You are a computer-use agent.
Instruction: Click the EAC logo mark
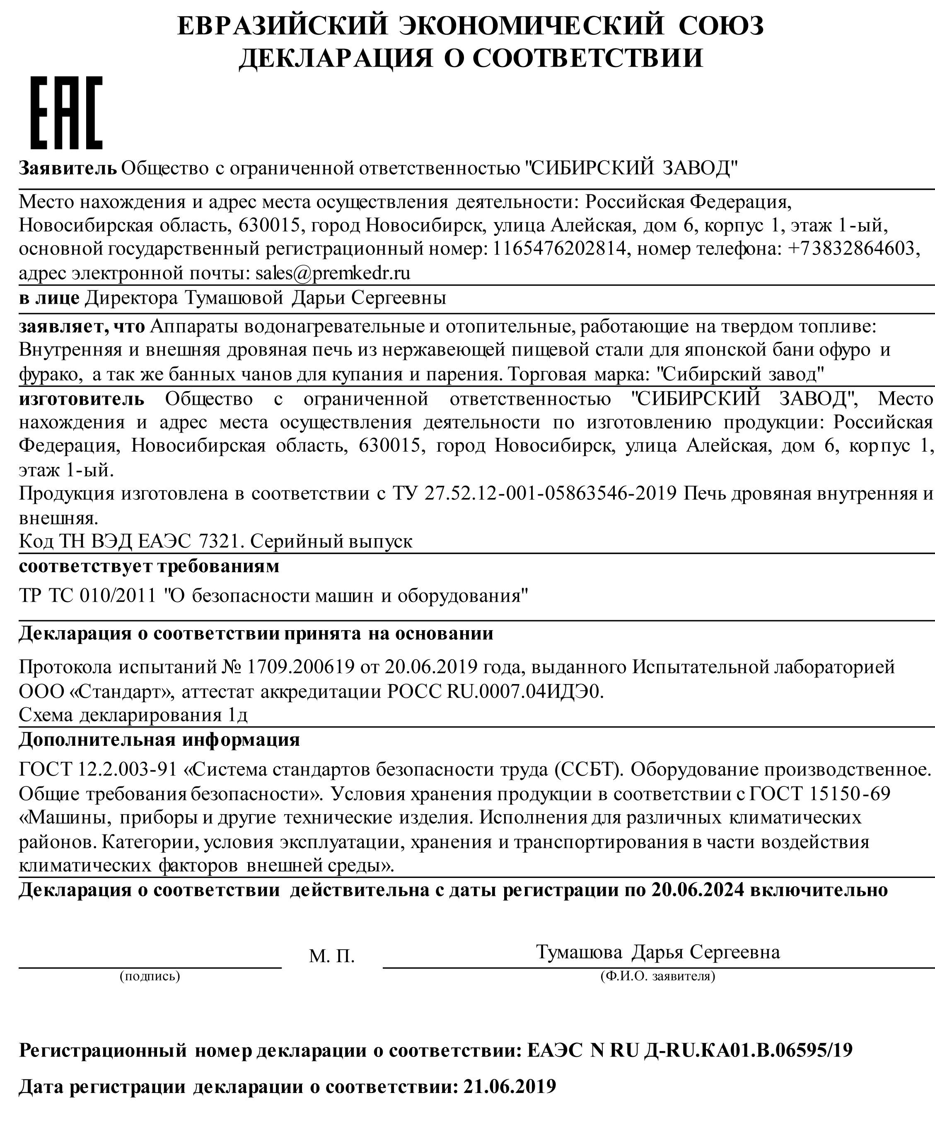[x=66, y=113]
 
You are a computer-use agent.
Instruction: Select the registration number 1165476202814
[x=560, y=248]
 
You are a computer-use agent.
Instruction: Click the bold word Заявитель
[x=68, y=169]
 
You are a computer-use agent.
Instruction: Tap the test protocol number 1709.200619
[x=300, y=667]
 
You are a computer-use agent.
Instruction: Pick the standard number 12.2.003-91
[x=128, y=770]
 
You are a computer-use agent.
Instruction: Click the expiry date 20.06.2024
[x=698, y=890]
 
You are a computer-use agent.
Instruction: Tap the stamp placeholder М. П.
[x=332, y=956]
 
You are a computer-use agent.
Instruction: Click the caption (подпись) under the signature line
[x=150, y=976]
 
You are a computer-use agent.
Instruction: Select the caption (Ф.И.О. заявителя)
[x=657, y=976]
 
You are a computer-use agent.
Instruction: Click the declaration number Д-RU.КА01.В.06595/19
[x=748, y=1050]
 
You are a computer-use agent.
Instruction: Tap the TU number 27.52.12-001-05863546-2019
[x=551, y=493]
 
